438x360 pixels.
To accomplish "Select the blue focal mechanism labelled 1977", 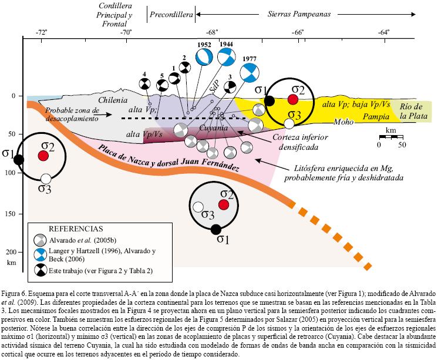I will [250, 72].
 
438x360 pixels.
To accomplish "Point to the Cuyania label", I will [205, 127].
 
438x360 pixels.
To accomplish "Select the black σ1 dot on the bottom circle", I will [216, 229].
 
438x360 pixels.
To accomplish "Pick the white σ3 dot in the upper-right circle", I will [289, 123].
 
